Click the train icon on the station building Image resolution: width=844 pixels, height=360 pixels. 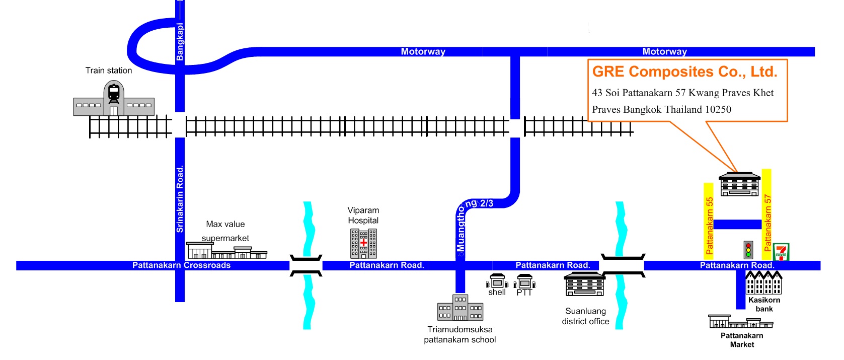click(114, 94)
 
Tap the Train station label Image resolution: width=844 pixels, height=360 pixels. click(109, 70)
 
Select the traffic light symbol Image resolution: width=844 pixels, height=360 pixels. click(748, 250)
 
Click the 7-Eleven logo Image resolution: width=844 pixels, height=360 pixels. click(781, 252)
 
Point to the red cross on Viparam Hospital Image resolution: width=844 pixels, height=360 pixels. click(363, 242)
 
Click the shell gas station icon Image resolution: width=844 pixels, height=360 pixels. click(497, 281)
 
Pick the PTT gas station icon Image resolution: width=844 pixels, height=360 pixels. click(524, 282)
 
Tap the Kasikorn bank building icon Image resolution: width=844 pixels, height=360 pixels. click(764, 283)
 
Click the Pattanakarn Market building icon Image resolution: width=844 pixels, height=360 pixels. click(741, 322)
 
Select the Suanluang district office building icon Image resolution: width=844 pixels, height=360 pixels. click(584, 284)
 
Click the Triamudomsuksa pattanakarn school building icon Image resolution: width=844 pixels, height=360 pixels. click(460, 308)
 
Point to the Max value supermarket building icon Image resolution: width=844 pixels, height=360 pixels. click(227, 250)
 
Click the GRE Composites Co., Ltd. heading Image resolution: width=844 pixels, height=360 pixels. click(684, 71)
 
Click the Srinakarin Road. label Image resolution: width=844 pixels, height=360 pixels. click(180, 199)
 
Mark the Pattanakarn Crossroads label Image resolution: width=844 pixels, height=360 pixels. click(181, 265)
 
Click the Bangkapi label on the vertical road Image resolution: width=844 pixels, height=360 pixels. click(180, 41)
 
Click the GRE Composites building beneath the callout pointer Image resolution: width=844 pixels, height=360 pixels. click(739, 184)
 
